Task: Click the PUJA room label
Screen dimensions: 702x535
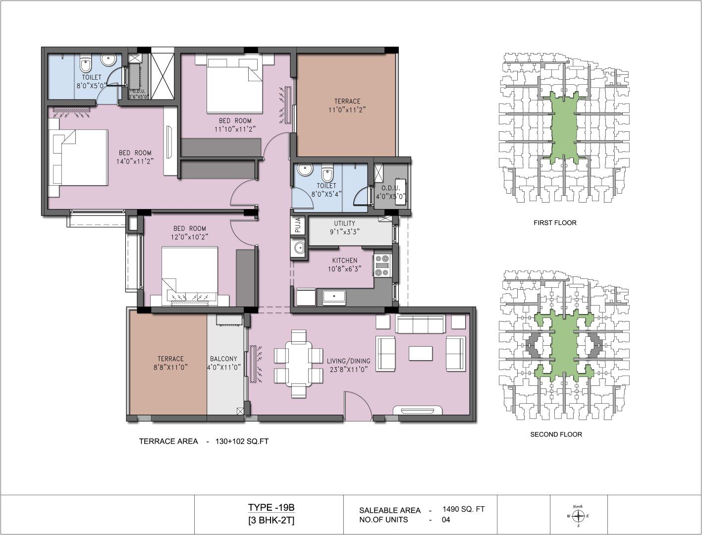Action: (x=298, y=225)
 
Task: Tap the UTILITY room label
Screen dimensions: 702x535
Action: (x=344, y=223)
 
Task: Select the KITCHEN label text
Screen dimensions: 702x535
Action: (x=345, y=260)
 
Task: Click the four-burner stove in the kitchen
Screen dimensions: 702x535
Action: (x=382, y=265)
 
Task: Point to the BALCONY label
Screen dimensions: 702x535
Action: (x=223, y=359)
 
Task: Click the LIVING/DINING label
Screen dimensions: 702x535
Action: (x=349, y=361)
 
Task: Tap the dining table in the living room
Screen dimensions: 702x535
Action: (x=298, y=364)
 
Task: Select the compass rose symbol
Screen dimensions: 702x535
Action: (x=578, y=516)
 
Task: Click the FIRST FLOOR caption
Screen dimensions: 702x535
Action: (x=555, y=222)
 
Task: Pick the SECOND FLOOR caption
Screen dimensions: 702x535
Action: (x=556, y=434)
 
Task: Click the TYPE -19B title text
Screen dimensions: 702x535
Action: (x=271, y=507)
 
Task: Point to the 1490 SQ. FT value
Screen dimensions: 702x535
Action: (x=463, y=509)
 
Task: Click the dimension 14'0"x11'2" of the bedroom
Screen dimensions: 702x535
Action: (x=135, y=161)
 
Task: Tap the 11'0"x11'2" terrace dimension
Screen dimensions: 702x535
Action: (x=347, y=109)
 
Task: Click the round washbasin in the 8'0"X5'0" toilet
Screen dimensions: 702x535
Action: (x=108, y=60)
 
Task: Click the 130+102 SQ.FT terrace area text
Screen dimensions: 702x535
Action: (x=242, y=441)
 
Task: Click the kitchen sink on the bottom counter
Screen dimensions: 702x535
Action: (x=334, y=296)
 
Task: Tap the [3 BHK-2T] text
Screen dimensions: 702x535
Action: (x=271, y=521)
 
